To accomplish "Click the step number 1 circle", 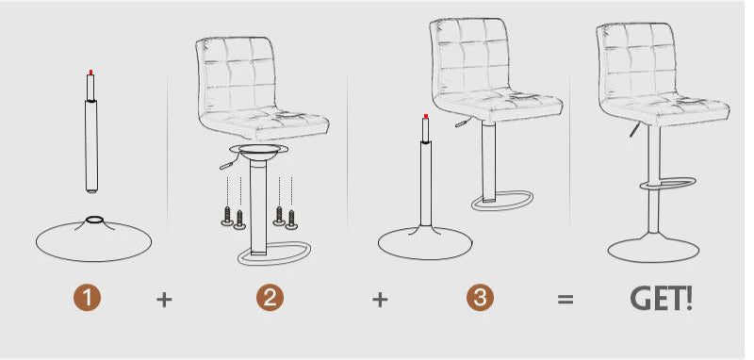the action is pyautogui.click(x=87, y=298).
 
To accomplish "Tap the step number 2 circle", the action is pyautogui.click(x=270, y=298).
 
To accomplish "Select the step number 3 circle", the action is pyautogui.click(x=480, y=298).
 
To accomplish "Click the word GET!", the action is pyautogui.click(x=662, y=299).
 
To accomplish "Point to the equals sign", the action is pyautogui.click(x=565, y=299).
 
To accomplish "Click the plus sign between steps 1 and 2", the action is pyautogui.click(x=164, y=300).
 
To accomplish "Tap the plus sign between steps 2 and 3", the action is pyautogui.click(x=380, y=300).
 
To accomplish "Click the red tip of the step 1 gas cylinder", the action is pyautogui.click(x=90, y=73).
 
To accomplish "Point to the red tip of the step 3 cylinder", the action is pyautogui.click(x=426, y=116).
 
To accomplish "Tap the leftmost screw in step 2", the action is pyautogui.click(x=227, y=216).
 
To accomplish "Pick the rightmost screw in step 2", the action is pyautogui.click(x=291, y=220).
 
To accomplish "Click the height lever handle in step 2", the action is pyautogui.click(x=226, y=165).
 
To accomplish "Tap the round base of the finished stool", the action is pyautogui.click(x=653, y=247).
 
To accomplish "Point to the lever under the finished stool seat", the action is pyautogui.click(x=634, y=130).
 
